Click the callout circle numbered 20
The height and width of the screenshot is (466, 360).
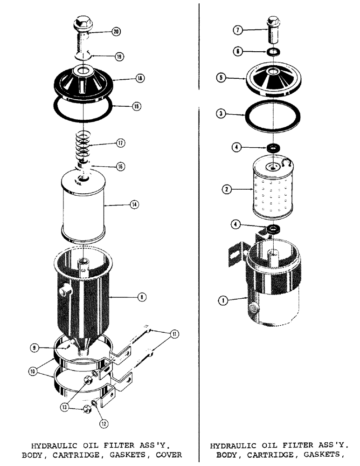tap(116, 32)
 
